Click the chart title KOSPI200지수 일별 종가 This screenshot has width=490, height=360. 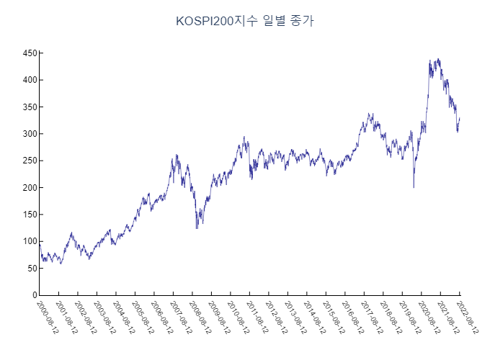point(245,21)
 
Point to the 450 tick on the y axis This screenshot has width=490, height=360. point(29,53)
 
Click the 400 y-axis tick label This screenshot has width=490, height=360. point(29,80)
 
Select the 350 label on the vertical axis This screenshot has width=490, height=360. point(29,107)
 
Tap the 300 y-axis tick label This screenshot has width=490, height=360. point(29,134)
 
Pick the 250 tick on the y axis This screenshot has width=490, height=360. point(29,161)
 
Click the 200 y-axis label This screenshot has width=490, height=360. point(29,188)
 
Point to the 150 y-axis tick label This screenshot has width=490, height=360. point(29,215)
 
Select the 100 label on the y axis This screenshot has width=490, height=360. point(29,242)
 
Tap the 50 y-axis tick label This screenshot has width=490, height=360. point(31,269)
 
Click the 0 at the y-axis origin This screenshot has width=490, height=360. point(33,295)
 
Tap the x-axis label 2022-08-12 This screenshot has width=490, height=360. point(469,318)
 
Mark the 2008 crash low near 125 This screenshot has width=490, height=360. point(197,228)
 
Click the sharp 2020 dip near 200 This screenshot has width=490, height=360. point(414,187)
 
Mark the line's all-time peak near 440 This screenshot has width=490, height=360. point(439,59)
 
